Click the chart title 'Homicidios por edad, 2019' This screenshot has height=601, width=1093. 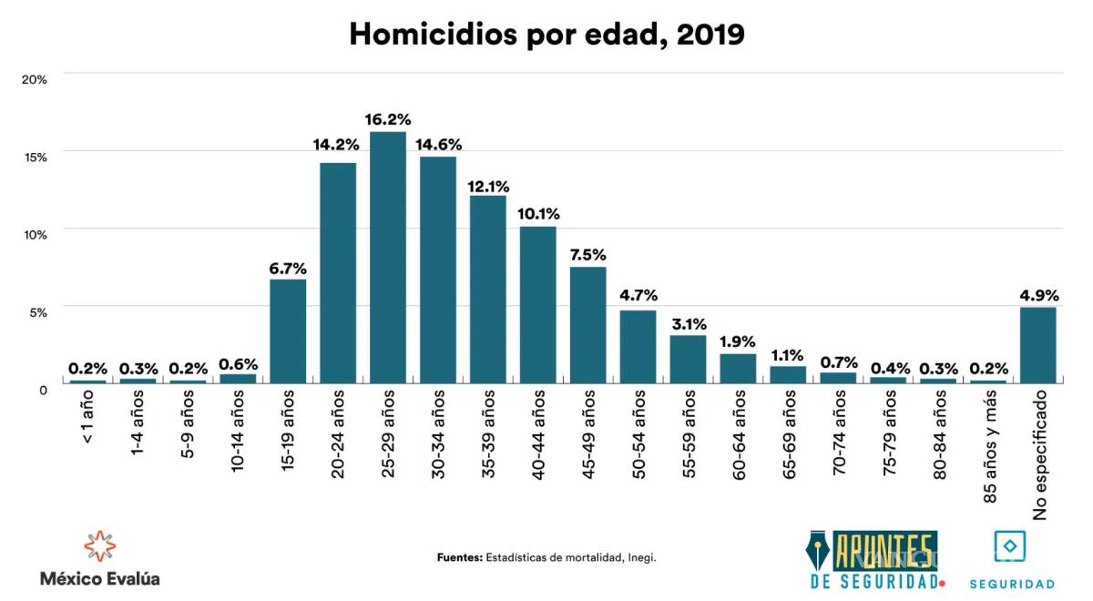point(546,34)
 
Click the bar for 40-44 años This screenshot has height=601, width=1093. point(538,304)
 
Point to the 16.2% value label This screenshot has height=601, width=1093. point(388,119)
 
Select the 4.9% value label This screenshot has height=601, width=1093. point(1038,295)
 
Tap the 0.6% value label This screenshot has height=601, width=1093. point(238,365)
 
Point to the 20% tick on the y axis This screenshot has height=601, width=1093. point(35,79)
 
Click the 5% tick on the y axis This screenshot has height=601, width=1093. point(37,312)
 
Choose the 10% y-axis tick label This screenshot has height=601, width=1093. point(35,234)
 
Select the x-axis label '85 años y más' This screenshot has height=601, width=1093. point(989,441)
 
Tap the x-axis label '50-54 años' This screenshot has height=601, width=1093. point(638,433)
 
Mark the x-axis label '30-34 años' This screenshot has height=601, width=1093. point(438,433)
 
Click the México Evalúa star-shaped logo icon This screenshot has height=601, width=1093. point(99,545)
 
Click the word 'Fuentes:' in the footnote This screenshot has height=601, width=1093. point(459,557)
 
